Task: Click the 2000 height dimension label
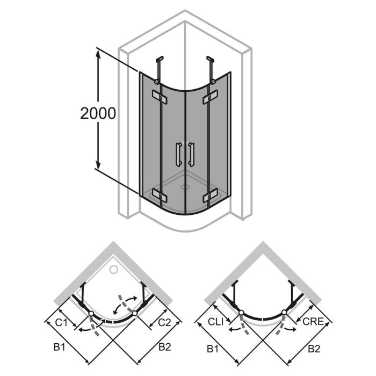[98, 113]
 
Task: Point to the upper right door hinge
[209, 99]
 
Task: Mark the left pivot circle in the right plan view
[241, 312]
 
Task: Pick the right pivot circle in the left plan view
[134, 312]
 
